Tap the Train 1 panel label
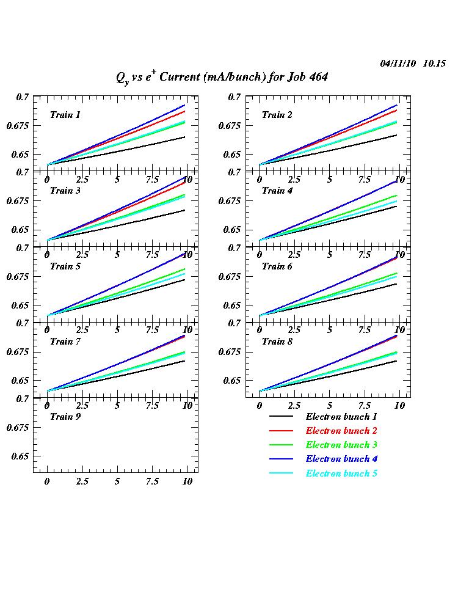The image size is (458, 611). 65,115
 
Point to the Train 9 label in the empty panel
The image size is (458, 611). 65,417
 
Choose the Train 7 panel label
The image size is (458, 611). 65,342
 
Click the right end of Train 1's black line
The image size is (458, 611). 184,137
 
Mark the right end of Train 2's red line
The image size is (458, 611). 397,111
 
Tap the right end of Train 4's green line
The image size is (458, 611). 397,196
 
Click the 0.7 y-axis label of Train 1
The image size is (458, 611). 23,97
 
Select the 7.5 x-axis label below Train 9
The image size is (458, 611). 153,481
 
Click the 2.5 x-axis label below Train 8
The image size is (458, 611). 294,406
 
